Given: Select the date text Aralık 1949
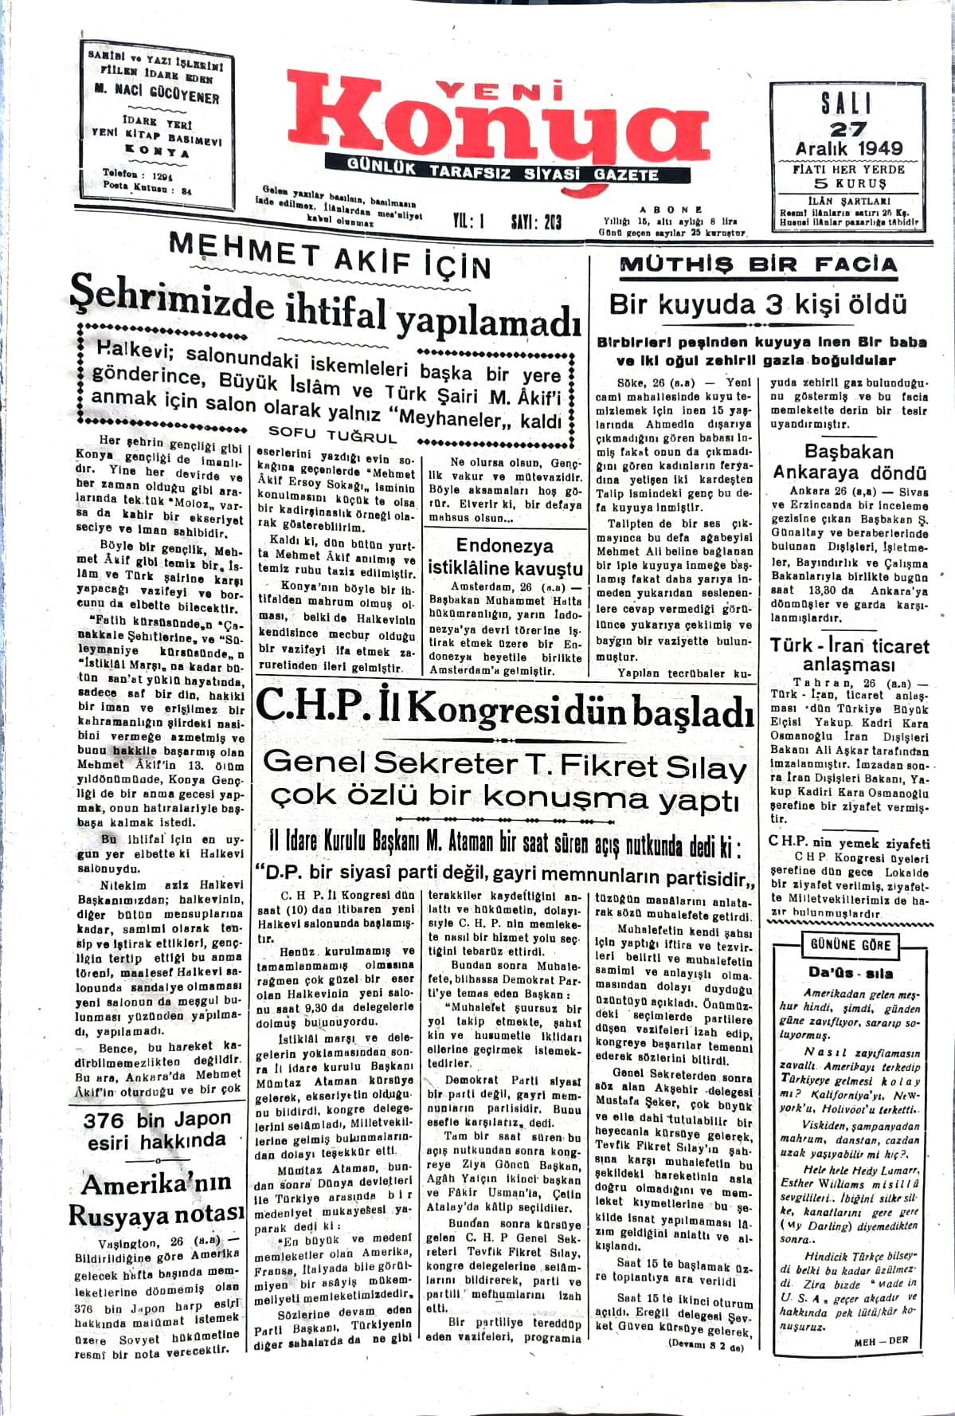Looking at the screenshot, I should click(849, 148).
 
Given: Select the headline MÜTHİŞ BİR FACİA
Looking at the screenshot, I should click(757, 265).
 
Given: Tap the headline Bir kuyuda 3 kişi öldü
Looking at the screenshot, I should click(757, 304).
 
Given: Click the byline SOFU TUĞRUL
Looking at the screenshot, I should click(333, 435).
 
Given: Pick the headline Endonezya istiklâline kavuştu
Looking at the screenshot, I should click(505, 557).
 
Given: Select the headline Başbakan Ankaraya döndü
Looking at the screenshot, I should click(849, 462).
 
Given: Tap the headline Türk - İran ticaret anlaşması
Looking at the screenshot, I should click(849, 654).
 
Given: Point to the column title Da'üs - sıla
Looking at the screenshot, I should click(850, 973).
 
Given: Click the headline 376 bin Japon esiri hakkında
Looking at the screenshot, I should click(157, 1130).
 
